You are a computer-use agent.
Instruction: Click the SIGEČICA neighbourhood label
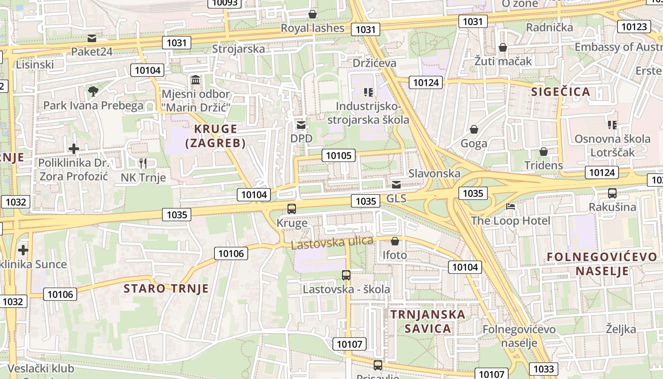coord(561,92)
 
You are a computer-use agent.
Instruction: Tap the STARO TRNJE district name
coord(166,289)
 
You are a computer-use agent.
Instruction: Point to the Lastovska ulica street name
coord(332,243)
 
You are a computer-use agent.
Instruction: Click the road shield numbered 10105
coord(339,155)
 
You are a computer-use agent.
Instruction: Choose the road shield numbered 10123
coord(634,27)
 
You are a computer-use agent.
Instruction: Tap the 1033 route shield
coord(543,369)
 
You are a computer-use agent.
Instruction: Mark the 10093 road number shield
coord(225,3)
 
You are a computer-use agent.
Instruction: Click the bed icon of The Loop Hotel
coord(511,207)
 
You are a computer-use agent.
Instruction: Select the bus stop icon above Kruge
coord(292,208)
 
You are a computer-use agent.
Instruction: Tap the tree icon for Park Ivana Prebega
coord(93,91)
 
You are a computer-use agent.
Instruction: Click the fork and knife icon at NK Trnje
coord(143,163)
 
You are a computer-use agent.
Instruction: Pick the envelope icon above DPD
coord(301,125)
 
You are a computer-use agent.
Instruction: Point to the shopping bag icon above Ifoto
coord(394,242)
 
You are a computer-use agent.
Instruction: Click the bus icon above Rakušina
coord(612,193)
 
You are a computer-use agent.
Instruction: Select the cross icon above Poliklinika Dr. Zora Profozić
coord(73,149)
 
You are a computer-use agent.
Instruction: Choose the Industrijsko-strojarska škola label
coord(368,112)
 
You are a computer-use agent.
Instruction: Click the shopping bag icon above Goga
coord(474,129)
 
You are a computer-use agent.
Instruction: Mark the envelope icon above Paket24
coord(92,38)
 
